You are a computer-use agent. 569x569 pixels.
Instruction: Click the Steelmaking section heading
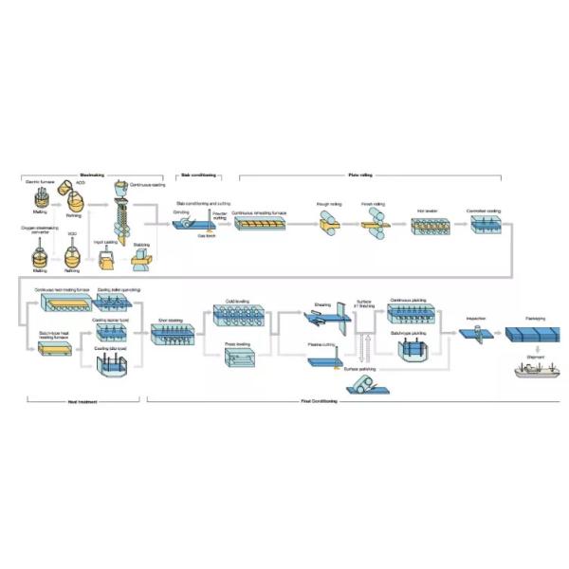[x=92, y=175]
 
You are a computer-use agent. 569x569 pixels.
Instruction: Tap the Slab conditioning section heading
[x=198, y=175]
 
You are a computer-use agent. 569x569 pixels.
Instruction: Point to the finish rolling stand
[x=371, y=223]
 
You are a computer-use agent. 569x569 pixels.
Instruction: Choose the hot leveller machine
[x=425, y=226]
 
